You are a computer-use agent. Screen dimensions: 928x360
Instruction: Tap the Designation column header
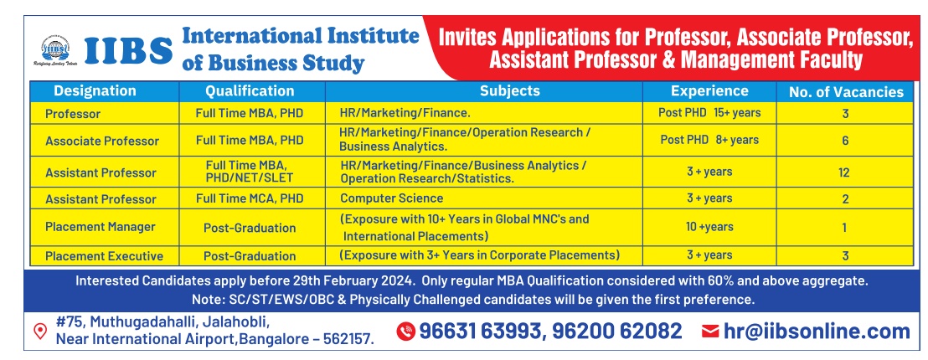[95, 91]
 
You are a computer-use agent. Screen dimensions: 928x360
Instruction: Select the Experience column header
[709, 91]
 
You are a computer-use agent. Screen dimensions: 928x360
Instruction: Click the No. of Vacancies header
[846, 92]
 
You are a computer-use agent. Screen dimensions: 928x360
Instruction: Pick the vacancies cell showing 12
[844, 172]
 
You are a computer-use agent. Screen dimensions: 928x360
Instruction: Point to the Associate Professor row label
[102, 141]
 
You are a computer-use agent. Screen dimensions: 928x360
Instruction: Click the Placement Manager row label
[100, 227]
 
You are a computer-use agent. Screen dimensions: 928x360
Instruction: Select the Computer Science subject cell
[391, 198]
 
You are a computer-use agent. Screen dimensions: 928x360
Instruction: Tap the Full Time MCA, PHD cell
[250, 198]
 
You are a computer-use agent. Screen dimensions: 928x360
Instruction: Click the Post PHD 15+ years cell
[709, 112]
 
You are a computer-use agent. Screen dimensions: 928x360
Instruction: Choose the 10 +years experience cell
[709, 227]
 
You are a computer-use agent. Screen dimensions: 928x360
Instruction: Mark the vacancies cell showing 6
[845, 141]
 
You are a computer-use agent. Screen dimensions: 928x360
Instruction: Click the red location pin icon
[40, 331]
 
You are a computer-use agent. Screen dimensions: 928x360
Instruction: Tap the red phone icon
[405, 332]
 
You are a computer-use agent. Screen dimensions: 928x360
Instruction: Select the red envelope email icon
[709, 332]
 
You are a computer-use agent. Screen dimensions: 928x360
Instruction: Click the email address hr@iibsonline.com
[817, 332]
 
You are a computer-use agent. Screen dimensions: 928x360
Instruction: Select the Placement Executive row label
[104, 256]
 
